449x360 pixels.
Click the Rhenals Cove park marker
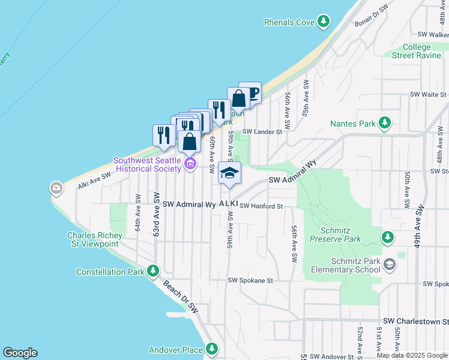pyautogui.click(x=324, y=22)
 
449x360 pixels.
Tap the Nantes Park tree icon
pyautogui.click(x=385, y=124)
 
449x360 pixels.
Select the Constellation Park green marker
pyautogui.click(x=153, y=272)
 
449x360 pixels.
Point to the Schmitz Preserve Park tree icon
pyautogui.click(x=388, y=238)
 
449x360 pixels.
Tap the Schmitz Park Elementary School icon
pyautogui.click(x=390, y=265)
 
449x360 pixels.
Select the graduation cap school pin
pyautogui.click(x=229, y=173)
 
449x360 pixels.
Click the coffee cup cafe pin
pyautogui.click(x=250, y=93)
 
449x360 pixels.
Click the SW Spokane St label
pyautogui.click(x=250, y=280)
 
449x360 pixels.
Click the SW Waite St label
pyautogui.click(x=428, y=95)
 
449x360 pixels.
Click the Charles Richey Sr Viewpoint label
pyautogui.click(x=94, y=239)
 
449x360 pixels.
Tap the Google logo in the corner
pyautogui.click(x=20, y=353)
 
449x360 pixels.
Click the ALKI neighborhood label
pyautogui.click(x=229, y=205)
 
